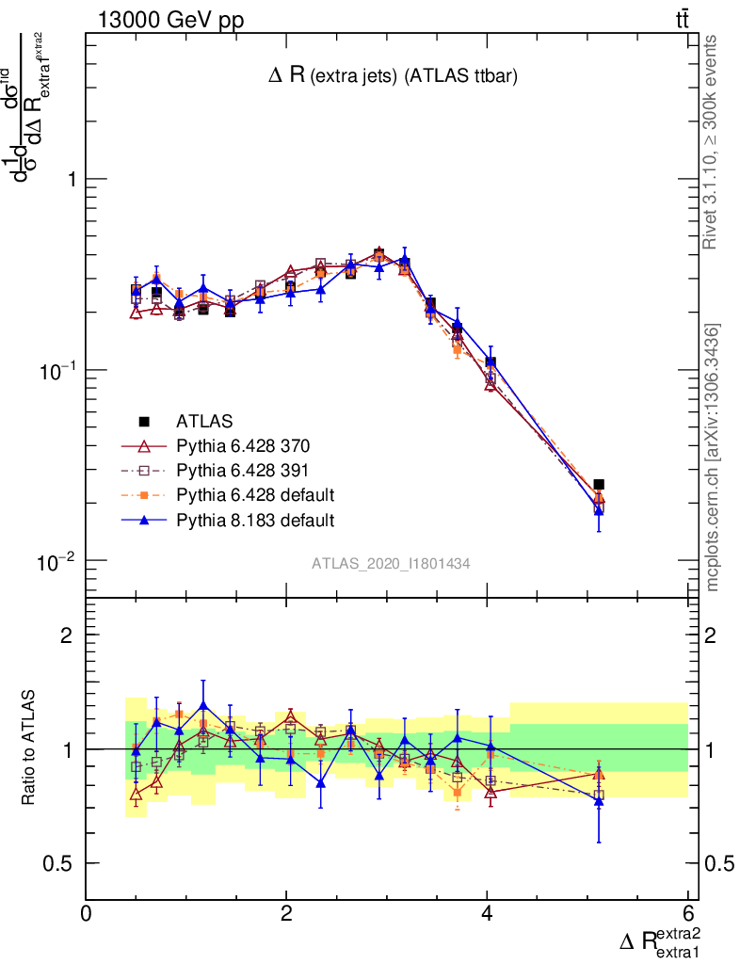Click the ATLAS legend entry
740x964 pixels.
(x=203, y=421)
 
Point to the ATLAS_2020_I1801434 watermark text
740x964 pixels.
(x=391, y=563)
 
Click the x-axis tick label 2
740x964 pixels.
(x=286, y=912)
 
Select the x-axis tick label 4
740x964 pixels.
(x=487, y=912)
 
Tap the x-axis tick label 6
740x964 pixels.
(x=687, y=912)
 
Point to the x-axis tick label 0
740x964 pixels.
(x=87, y=912)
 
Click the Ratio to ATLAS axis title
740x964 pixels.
(x=29, y=747)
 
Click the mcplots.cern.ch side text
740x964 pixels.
(x=713, y=458)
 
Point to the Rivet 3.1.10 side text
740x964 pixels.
(x=713, y=141)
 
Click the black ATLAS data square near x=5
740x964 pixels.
(x=599, y=484)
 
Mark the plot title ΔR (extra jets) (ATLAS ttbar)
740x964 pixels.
(x=391, y=77)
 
